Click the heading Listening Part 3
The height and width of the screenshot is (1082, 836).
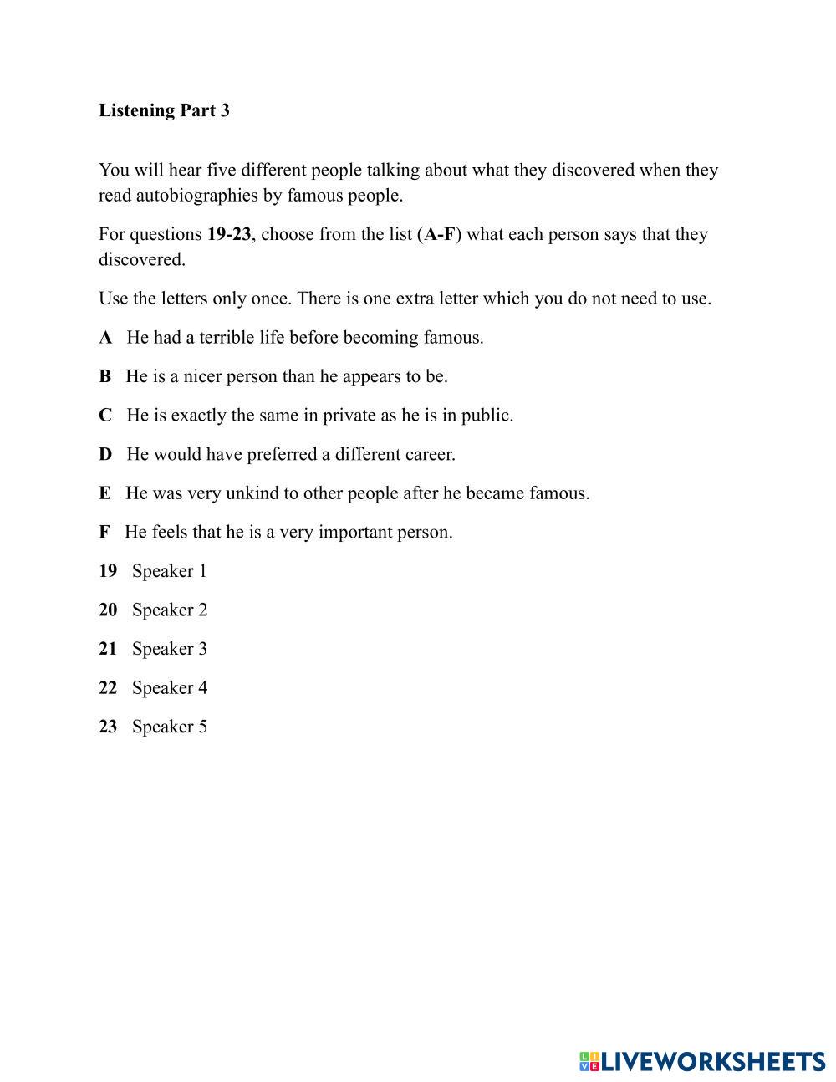click(164, 110)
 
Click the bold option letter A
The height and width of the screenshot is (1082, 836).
click(105, 338)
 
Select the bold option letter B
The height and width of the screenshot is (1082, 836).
click(104, 376)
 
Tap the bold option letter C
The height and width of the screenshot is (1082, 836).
click(105, 416)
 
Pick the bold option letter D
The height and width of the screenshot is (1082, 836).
click(105, 455)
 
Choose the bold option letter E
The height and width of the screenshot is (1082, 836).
click(104, 493)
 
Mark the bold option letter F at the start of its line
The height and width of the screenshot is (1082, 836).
click(104, 533)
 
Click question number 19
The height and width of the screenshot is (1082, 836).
click(108, 571)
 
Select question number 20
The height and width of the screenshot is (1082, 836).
click(108, 610)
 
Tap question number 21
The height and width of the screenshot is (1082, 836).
click(108, 649)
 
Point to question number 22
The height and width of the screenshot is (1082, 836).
click(108, 688)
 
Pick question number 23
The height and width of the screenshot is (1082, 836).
click(108, 727)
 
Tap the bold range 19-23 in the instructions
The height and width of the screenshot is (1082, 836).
click(229, 234)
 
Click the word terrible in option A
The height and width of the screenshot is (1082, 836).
click(227, 338)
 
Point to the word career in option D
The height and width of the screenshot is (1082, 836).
click(430, 455)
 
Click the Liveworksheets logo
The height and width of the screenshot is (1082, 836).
click(702, 1061)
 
